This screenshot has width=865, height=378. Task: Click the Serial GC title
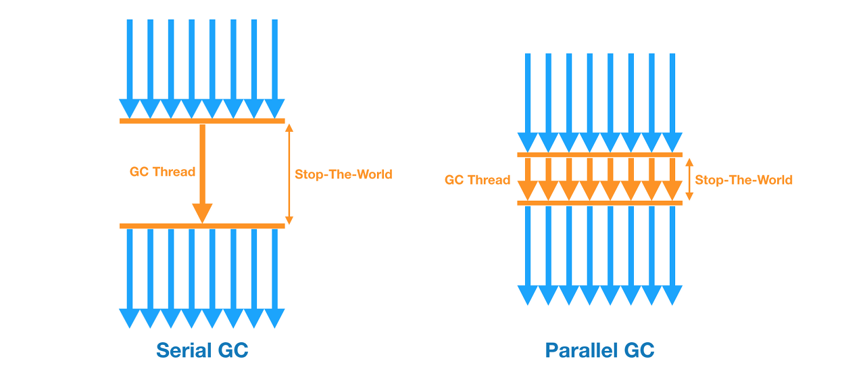point(202,350)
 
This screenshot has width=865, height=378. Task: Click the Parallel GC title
point(600,350)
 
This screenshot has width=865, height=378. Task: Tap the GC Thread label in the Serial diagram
point(162,172)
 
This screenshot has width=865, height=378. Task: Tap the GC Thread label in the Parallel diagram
point(477,180)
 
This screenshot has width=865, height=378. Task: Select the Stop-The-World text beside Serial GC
point(343,174)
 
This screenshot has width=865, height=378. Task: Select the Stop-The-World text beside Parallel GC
point(743,180)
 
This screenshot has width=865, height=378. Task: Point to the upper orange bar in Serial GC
point(202,121)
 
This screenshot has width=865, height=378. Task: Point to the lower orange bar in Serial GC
point(202,226)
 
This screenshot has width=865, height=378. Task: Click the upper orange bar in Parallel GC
point(599,155)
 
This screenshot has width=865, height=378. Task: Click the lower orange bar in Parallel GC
point(599,203)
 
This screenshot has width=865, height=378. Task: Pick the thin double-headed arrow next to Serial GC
point(289,174)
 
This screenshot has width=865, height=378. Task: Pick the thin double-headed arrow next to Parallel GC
point(689,180)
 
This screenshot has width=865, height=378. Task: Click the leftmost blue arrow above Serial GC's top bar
point(130,68)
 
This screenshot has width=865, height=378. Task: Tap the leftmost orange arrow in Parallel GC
point(527,179)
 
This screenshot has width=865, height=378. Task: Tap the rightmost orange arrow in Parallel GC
point(672,179)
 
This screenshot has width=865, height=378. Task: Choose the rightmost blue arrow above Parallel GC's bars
point(672,101)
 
